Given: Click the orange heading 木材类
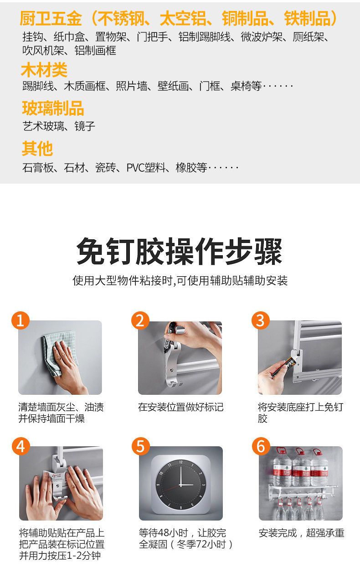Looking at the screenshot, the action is coord(44,70).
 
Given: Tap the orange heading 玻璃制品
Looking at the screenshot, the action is coord(53,108).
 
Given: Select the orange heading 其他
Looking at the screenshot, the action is coord(37,149).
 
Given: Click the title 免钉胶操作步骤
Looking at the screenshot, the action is coord(180,251).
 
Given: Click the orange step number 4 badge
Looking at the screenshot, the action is coord(21,446).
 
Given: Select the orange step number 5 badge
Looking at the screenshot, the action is coord(141,446).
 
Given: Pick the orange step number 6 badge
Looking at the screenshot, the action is coord(261,446).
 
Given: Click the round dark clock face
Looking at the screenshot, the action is coord(181,485).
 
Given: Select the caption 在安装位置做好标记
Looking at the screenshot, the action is coord(181,407).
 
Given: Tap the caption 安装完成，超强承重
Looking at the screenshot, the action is coord(302,532).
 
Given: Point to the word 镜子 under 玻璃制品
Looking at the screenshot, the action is coord(85,126).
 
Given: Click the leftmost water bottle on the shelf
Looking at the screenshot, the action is coord(282,468).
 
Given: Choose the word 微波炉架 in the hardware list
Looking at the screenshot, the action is coord(262,37).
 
